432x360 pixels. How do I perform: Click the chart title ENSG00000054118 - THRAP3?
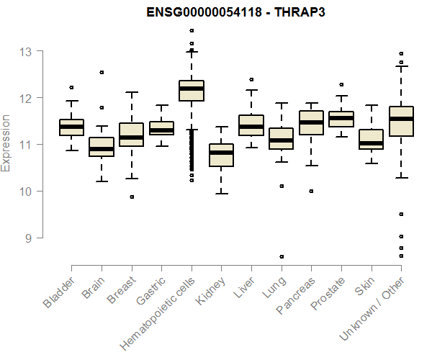pyautogui.click(x=215, y=12)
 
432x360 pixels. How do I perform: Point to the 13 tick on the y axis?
pyautogui.click(x=26, y=51)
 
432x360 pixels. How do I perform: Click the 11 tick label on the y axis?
pyautogui.click(x=26, y=145)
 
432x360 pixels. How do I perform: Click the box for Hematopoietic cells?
pyautogui.click(x=192, y=91)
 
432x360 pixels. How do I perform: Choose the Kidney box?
pyautogui.click(x=221, y=155)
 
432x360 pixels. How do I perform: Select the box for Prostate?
pyautogui.click(x=341, y=119)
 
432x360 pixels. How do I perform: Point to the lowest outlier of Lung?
pyautogui.click(x=282, y=256)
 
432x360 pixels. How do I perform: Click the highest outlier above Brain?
pyautogui.click(x=102, y=72)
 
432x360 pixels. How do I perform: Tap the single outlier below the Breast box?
pyautogui.click(x=132, y=197)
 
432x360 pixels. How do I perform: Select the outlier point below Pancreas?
pyautogui.click(x=311, y=191)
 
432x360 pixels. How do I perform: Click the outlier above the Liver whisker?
pyautogui.click(x=251, y=79)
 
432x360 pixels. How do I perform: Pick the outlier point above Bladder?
pyautogui.click(x=71, y=87)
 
